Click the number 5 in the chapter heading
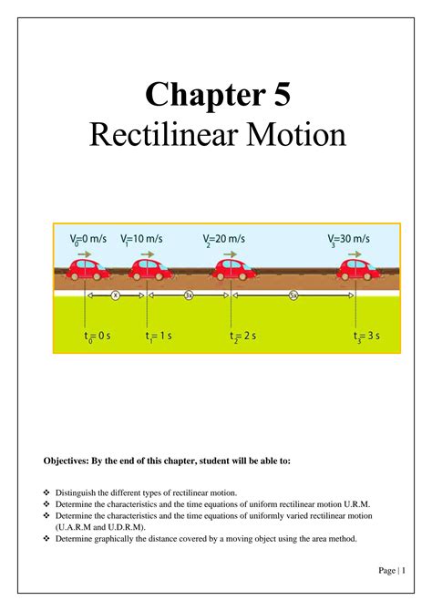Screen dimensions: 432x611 [x=282, y=94]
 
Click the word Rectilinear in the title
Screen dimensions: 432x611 [x=164, y=134]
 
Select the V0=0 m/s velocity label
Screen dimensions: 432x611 [x=88, y=239]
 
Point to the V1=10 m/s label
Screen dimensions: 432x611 [x=141, y=239]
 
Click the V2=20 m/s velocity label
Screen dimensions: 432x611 [x=224, y=239]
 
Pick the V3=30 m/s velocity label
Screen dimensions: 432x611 [x=349, y=239]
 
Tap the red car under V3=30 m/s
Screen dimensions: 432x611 [x=358, y=270]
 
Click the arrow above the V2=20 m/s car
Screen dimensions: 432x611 [x=231, y=254]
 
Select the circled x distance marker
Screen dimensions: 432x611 [x=116, y=295]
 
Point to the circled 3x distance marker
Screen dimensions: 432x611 [x=189, y=295]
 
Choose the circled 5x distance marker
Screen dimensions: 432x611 [x=293, y=295]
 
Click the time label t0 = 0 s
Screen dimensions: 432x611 [x=98, y=337]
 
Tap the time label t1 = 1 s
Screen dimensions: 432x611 [x=159, y=337]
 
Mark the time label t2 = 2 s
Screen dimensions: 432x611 [x=242, y=337]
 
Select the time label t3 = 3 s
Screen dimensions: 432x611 [x=366, y=337]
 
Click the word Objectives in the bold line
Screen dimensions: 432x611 [x=67, y=461]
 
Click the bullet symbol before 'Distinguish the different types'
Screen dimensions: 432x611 [x=46, y=492]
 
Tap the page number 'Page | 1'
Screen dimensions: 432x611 [x=392, y=571]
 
